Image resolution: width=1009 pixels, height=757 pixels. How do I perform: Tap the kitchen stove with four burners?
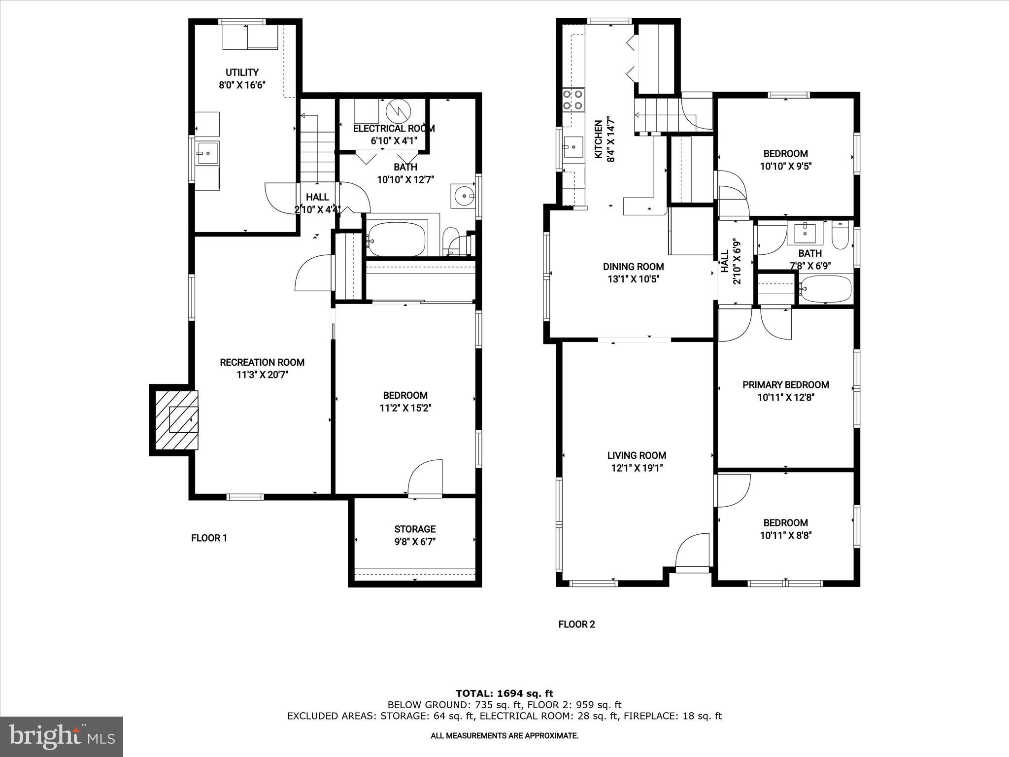coord(573,99)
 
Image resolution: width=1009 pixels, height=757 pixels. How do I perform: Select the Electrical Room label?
coord(394,129)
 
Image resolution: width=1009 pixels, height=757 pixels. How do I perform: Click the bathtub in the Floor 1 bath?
coord(397,240)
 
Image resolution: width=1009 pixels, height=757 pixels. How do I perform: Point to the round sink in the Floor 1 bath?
coord(463,196)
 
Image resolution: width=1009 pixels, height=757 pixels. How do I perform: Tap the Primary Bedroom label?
coord(785,385)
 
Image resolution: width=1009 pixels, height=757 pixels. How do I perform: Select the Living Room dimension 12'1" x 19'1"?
coord(637,468)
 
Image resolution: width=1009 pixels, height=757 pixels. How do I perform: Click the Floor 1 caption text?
coord(209,538)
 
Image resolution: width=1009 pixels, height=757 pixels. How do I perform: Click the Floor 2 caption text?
coord(576,624)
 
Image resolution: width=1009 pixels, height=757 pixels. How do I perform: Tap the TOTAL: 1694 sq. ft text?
coord(504,693)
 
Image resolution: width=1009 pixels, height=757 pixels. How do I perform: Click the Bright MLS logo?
coord(62,736)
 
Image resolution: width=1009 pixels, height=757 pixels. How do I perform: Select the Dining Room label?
coord(633,267)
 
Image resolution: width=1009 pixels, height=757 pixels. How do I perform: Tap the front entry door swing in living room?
coord(690,551)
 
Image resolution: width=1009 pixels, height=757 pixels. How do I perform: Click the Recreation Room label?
coord(262,362)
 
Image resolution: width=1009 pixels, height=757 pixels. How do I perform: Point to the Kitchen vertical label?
coord(598,139)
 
